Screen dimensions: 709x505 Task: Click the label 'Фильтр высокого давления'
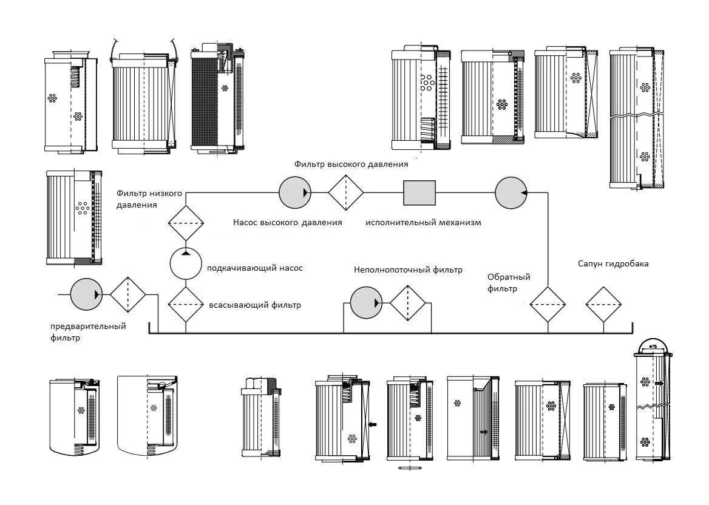coord(351,164)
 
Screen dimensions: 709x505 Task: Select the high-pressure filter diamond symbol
coord(346,192)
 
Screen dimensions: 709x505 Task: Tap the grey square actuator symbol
coord(419,192)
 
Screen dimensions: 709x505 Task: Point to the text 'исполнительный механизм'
coord(423,222)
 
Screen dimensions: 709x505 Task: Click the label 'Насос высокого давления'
coord(288,222)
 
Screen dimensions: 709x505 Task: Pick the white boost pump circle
coord(186,263)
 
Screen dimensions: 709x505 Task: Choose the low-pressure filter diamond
coord(186,223)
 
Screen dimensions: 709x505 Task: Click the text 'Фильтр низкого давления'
coord(149,199)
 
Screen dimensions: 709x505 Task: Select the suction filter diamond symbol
coord(186,304)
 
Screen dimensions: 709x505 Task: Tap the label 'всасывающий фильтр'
coord(255,305)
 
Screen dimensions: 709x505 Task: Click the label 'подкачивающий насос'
coord(255,268)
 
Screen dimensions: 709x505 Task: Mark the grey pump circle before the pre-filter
coord(87,294)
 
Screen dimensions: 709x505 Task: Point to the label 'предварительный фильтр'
coord(88,332)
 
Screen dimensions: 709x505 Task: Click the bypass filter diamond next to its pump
coord(408,303)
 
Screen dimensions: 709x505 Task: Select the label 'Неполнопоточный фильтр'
coord(409,270)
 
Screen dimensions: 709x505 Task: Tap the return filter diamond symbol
coord(548,304)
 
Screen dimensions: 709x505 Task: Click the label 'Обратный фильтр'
coord(509,283)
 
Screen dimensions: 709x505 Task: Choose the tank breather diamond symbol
coord(603,304)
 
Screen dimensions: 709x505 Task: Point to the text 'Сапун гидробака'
coord(613,263)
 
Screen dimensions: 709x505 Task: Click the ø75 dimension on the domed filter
coord(653,347)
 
